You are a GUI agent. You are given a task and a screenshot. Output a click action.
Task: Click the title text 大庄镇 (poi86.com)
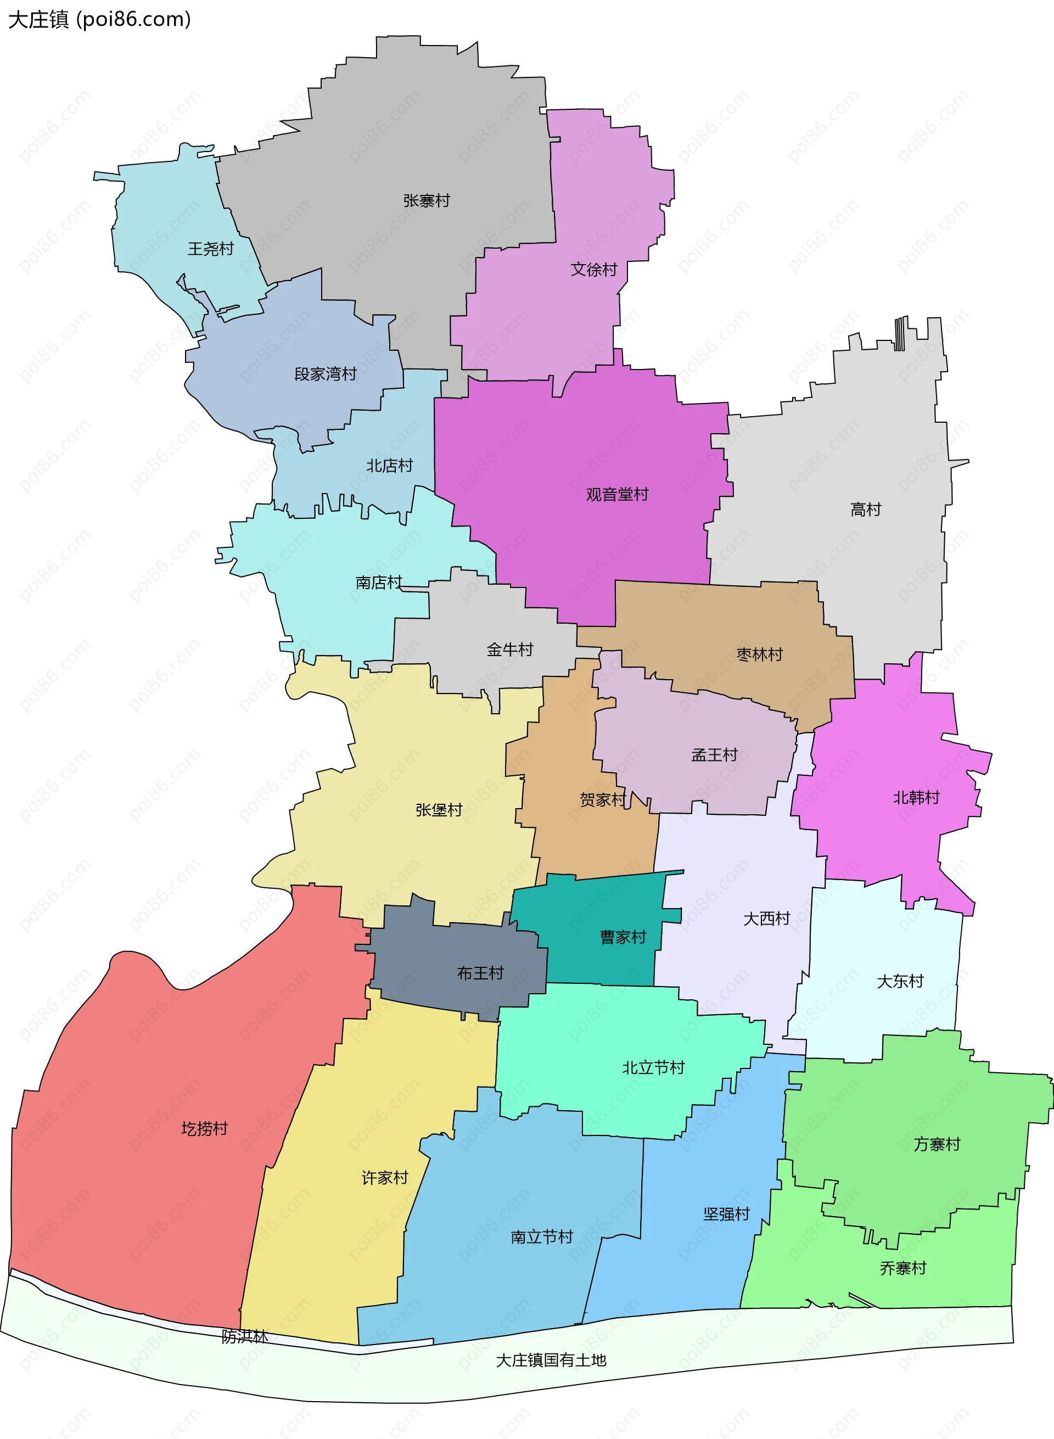click(99, 20)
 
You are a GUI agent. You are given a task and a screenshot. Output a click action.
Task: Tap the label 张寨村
click(426, 201)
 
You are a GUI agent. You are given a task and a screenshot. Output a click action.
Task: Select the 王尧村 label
click(211, 249)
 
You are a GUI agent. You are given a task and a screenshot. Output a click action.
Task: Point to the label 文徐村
click(593, 269)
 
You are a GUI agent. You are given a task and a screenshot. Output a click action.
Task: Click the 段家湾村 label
click(325, 374)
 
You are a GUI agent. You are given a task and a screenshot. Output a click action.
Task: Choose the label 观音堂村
click(617, 495)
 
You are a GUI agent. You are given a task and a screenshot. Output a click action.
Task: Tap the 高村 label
click(865, 510)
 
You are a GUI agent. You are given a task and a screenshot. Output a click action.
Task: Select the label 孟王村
click(714, 755)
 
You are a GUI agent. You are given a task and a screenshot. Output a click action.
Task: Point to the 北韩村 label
click(916, 798)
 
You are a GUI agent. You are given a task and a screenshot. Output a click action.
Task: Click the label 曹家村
click(623, 937)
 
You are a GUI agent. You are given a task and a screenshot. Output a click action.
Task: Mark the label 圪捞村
click(204, 1129)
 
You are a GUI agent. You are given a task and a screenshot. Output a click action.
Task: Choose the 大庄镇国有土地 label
click(551, 1360)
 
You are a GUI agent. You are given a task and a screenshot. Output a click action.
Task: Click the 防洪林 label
click(244, 1336)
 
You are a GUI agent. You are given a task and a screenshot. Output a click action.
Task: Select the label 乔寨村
click(902, 1269)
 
